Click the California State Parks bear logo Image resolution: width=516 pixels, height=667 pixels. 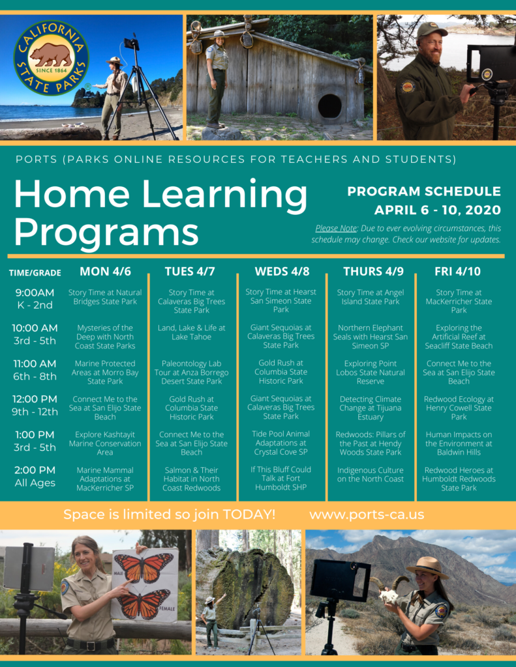[51, 58]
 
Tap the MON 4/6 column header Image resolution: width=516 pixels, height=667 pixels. [104, 272]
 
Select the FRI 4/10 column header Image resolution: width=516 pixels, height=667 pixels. [457, 272]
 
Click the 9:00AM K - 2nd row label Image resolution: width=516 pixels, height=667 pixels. [35, 298]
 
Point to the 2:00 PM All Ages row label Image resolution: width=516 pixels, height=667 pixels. [35, 476]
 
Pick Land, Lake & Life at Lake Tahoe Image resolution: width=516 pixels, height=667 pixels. [192, 332]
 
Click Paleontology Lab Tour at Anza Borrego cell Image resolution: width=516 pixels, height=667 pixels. [192, 373]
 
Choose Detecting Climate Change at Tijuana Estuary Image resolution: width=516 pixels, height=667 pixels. [370, 408]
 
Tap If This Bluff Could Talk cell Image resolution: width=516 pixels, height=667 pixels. [281, 478]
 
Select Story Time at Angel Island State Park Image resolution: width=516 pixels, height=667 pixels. [370, 297]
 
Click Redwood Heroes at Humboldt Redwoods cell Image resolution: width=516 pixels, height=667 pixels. [459, 479]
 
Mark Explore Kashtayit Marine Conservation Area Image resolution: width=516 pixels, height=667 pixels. [104, 443]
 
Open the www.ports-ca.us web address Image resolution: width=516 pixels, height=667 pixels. [367, 515]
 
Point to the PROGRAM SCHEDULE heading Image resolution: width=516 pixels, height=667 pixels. [424, 192]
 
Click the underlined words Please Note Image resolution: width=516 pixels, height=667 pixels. [335, 229]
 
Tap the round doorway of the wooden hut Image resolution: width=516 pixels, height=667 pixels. [329, 106]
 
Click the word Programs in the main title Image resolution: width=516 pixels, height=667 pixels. [106, 231]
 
